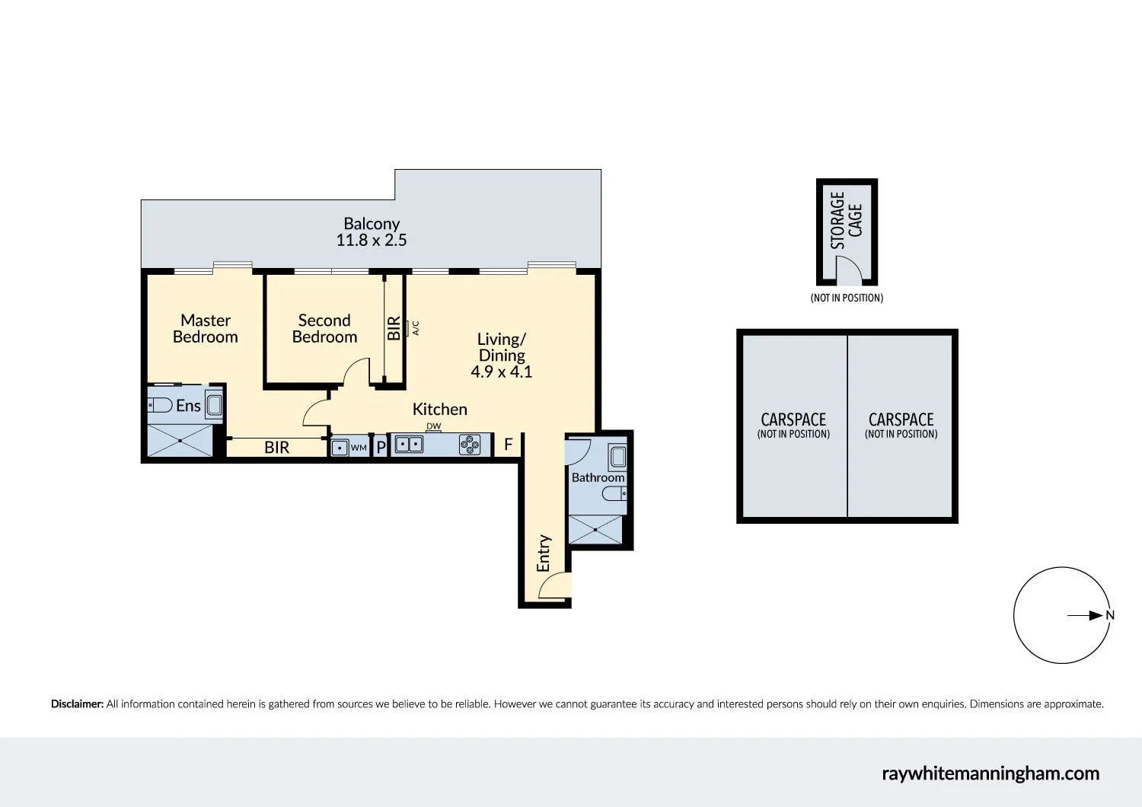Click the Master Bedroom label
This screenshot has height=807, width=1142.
205,329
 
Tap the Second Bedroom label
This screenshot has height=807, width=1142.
324,329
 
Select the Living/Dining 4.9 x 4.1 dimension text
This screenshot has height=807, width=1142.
501,372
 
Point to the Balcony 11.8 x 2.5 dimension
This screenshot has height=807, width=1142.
372,241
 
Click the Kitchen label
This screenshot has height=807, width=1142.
439,410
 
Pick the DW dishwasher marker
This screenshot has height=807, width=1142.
433,426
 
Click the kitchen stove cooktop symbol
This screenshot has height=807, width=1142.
470,445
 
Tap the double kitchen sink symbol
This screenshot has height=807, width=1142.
409,445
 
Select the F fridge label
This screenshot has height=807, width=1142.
509,445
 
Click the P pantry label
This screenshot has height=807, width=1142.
381,448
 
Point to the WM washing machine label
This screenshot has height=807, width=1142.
359,448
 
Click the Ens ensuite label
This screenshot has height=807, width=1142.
188,406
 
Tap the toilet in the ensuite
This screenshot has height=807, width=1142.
160,405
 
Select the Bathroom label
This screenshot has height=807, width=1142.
598,478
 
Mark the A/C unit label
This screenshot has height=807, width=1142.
416,327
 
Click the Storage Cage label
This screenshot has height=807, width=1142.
846,220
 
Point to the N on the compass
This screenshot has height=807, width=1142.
1110,616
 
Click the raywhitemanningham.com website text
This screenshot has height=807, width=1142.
990,774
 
